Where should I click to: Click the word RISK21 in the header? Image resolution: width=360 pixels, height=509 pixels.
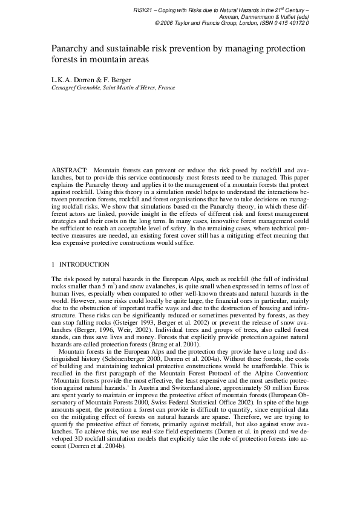142,11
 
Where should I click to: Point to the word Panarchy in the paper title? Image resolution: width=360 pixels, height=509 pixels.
69,48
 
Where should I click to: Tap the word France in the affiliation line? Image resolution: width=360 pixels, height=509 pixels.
166,87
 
